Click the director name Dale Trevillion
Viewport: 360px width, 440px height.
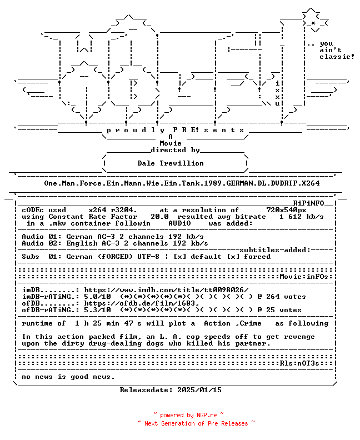(171, 163)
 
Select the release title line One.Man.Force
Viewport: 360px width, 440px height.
(182, 183)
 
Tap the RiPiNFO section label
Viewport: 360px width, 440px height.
(309, 203)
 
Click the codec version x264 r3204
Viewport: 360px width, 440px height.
(113, 210)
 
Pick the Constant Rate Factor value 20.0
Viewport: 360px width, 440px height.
(159, 217)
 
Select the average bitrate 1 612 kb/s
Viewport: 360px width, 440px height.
(301, 217)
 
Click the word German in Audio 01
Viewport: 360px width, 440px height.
(79, 237)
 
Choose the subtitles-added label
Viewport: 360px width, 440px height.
(275, 250)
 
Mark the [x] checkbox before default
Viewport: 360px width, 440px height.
(179, 257)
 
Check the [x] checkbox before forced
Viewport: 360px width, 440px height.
(233, 257)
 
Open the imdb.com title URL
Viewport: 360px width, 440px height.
(166, 290)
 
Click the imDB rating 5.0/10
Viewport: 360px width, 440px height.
(97, 297)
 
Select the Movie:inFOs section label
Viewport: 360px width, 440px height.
(304, 277)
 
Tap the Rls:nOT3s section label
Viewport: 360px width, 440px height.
(299, 363)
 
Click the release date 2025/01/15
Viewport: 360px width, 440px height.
(199, 390)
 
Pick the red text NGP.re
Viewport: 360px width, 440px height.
(207, 416)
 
